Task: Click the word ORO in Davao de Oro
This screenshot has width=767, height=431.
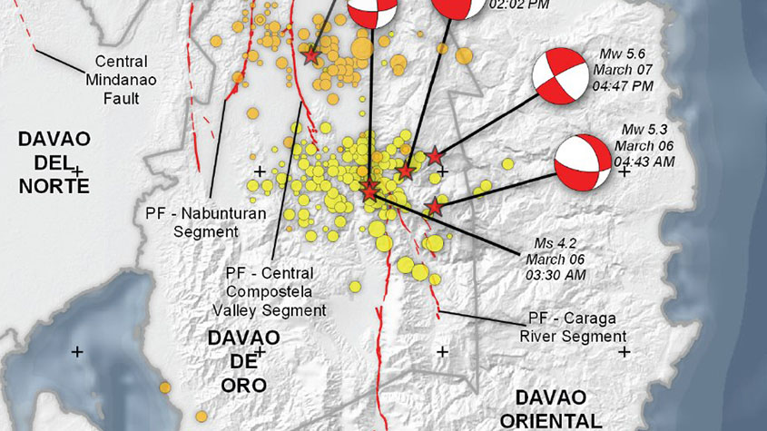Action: click(243, 385)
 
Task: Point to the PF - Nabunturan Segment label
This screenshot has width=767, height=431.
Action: click(191, 222)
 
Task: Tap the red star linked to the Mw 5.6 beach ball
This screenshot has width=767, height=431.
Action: click(435, 155)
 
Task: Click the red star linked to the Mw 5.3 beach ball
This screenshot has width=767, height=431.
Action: click(435, 207)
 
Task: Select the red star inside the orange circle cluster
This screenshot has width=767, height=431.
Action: click(311, 56)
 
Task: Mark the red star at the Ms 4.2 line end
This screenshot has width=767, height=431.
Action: click(370, 191)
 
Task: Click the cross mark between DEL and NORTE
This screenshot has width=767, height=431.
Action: click(78, 170)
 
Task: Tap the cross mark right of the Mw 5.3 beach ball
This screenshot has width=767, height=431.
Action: click(624, 171)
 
